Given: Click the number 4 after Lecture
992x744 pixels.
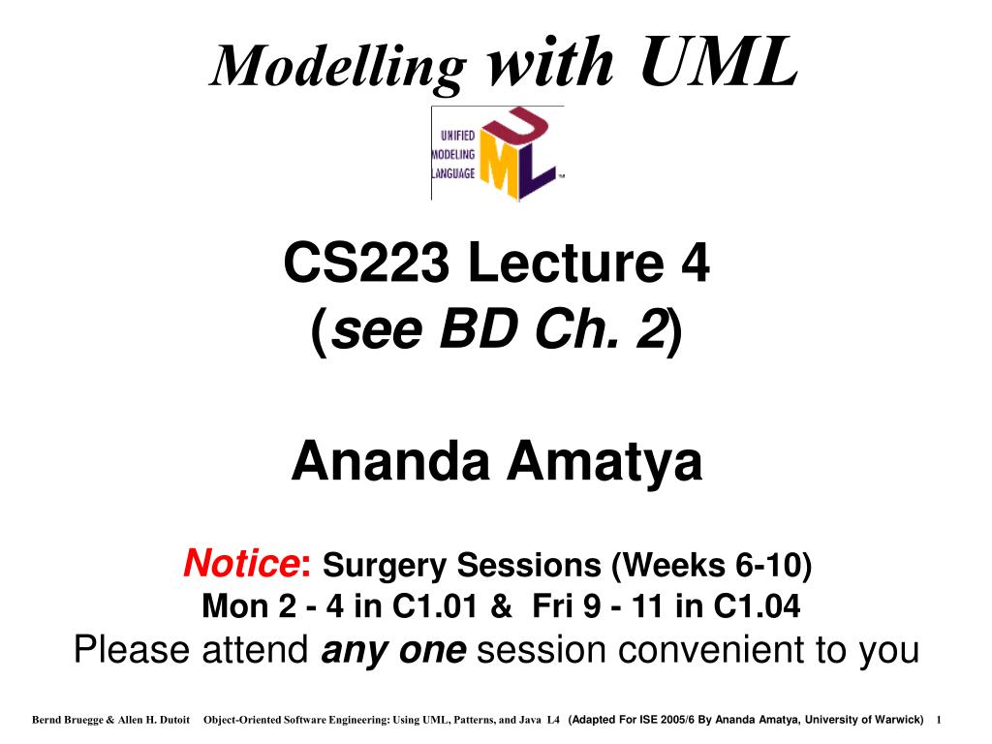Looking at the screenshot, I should [696, 263].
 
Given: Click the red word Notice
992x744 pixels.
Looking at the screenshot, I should [240, 561].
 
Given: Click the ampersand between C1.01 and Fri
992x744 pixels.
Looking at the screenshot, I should [502, 607].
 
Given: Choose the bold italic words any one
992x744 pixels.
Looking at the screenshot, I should [393, 650].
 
